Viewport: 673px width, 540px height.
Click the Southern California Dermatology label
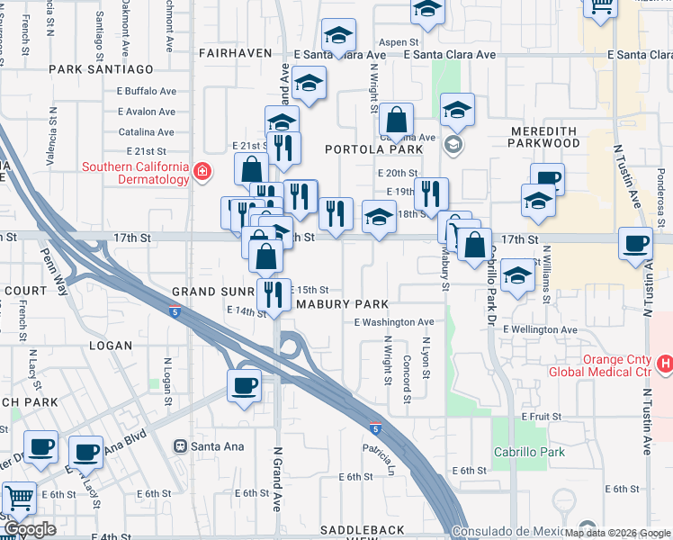point(135,173)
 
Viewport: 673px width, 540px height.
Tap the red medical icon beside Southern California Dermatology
point(203,172)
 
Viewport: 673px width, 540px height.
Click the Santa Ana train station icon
point(181,445)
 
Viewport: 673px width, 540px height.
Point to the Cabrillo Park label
point(529,452)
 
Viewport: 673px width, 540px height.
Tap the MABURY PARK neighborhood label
point(342,304)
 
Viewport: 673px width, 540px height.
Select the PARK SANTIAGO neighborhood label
point(102,68)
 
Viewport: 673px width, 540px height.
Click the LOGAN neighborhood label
point(111,346)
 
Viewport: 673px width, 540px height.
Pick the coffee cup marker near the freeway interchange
point(243,385)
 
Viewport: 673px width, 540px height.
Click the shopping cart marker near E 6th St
point(18,498)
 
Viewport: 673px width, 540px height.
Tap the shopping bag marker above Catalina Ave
point(395,119)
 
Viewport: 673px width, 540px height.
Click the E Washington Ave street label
point(394,322)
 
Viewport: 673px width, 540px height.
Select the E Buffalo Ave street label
point(147,91)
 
